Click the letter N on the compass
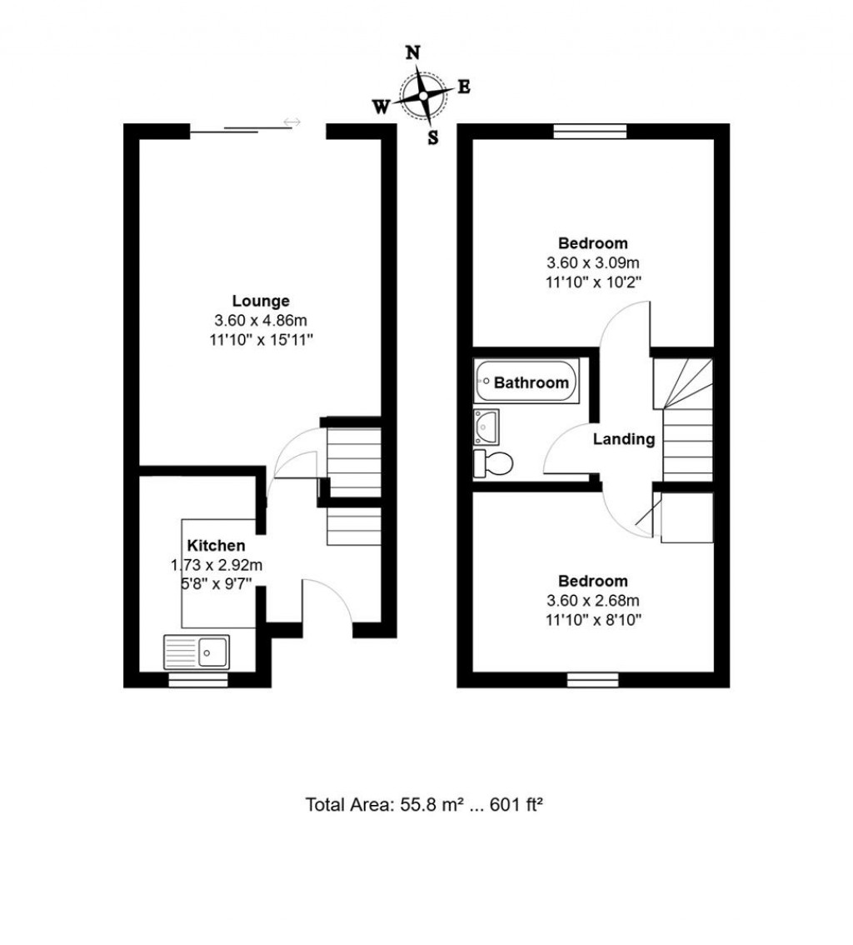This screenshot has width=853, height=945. (x=412, y=52)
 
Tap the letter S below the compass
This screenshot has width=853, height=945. (x=433, y=138)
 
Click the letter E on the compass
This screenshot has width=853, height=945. (x=464, y=87)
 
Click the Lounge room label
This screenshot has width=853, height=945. (x=261, y=301)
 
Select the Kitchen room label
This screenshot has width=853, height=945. (x=216, y=546)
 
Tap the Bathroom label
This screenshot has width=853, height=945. (x=531, y=382)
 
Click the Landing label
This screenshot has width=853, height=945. (x=623, y=439)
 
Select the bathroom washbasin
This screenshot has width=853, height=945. (x=486, y=427)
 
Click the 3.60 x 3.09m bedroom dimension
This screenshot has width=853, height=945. (x=592, y=262)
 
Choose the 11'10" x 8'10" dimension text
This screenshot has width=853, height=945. (x=592, y=619)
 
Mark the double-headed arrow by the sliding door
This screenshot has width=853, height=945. (x=292, y=122)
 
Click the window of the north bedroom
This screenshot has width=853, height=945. (x=590, y=131)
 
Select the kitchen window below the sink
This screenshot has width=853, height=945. (x=198, y=680)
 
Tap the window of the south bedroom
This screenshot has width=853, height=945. (x=593, y=680)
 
